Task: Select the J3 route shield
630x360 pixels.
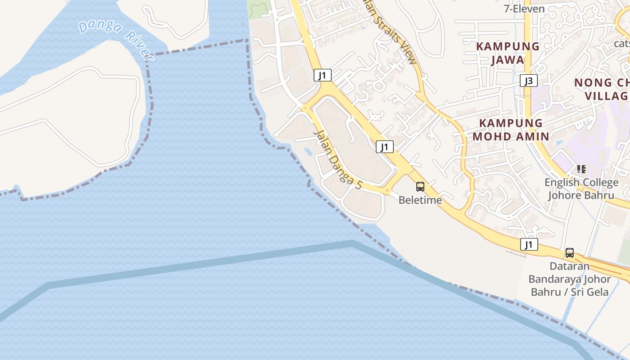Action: (529, 81)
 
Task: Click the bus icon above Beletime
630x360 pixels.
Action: (420, 186)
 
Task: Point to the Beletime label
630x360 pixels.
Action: (420, 200)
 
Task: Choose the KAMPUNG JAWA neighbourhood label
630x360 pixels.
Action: (508, 53)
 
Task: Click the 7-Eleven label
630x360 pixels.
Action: (524, 9)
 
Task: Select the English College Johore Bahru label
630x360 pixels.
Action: (581, 189)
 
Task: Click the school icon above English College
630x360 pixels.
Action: (581, 169)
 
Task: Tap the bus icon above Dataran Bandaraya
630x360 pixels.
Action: (570, 253)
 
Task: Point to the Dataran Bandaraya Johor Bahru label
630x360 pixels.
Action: (570, 279)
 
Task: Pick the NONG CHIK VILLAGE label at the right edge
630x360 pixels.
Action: (603, 89)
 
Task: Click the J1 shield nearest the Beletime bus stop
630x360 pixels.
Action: (385, 146)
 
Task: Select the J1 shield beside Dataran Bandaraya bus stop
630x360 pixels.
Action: (529, 244)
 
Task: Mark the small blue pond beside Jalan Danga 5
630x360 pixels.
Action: (308, 151)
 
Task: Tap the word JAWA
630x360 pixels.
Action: (508, 60)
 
